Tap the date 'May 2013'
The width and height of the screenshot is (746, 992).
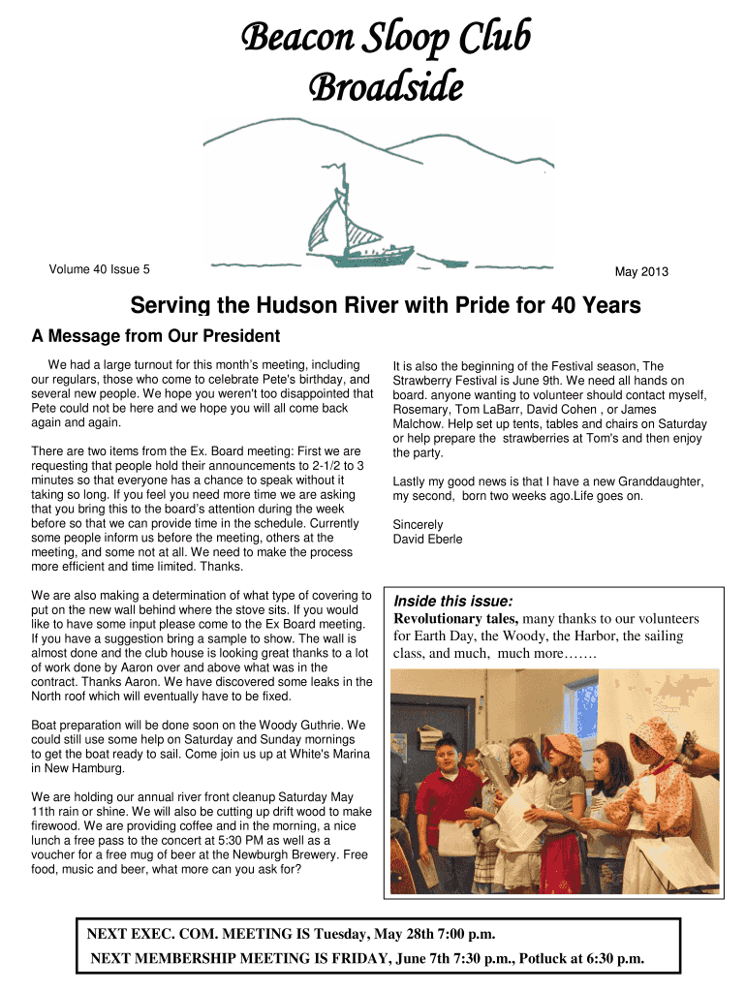pyautogui.click(x=641, y=271)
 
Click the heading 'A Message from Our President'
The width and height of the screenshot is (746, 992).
pyautogui.click(x=156, y=336)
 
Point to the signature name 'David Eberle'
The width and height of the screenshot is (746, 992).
pyautogui.click(x=427, y=539)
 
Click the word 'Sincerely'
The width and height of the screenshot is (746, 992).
pyautogui.click(x=418, y=525)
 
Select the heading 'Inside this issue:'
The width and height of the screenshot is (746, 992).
pyautogui.click(x=452, y=601)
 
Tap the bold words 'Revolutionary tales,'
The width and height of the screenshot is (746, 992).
pyautogui.click(x=455, y=619)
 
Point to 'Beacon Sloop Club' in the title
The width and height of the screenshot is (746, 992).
pyautogui.click(x=385, y=39)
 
